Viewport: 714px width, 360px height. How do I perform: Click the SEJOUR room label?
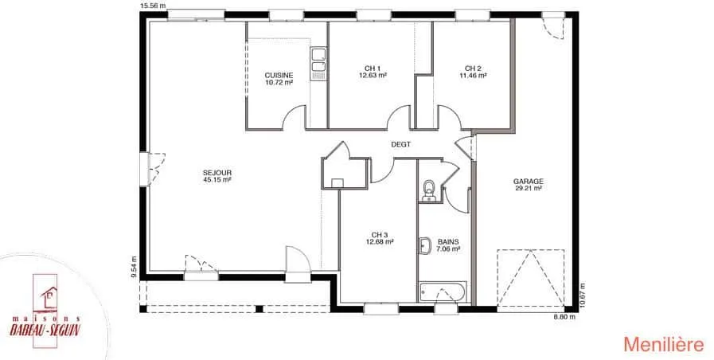tap(217, 176)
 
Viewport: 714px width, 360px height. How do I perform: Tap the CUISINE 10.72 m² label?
tap(279, 79)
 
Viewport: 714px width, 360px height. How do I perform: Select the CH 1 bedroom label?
tap(373, 72)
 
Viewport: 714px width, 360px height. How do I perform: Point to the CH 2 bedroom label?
tap(473, 72)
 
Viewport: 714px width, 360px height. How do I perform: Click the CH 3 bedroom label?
tap(380, 238)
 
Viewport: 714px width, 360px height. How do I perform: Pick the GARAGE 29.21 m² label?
tap(529, 185)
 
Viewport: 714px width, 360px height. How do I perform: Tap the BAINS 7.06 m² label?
tap(448, 245)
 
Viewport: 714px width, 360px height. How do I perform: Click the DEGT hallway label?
tap(400, 144)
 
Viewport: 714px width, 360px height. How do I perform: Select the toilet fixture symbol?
tap(429, 191)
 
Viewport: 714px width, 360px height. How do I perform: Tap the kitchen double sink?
tap(318, 65)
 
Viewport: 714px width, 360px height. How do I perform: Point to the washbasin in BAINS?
tap(424, 247)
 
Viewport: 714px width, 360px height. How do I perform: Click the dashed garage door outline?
tap(530, 278)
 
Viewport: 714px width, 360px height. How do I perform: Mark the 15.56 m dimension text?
tap(153, 6)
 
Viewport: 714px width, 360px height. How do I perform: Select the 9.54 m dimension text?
tap(134, 267)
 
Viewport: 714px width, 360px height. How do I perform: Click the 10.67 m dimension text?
tap(583, 296)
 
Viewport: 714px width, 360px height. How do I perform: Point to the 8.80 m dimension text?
tap(564, 317)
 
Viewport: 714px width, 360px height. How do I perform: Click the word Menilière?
tap(664, 345)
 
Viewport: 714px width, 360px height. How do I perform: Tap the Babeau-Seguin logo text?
tap(45, 327)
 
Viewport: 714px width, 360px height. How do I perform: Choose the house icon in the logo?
tap(49, 297)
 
